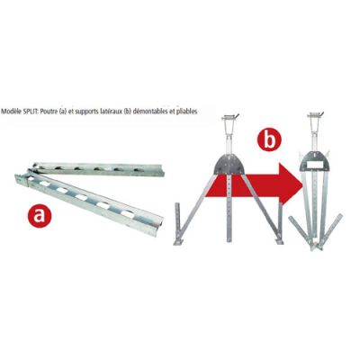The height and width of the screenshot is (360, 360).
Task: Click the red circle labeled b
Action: point(267,140)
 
